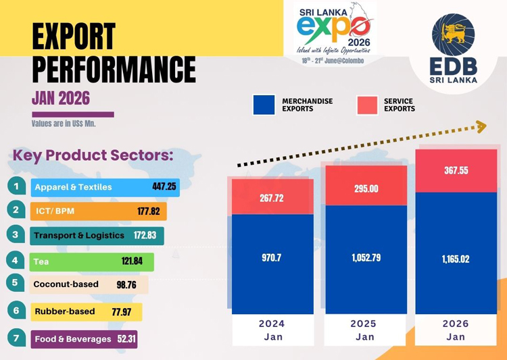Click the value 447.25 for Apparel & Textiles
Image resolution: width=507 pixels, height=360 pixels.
coord(164,187)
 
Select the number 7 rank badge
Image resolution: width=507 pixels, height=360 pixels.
coord(16,338)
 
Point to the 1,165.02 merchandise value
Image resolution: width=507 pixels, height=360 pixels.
coord(456,259)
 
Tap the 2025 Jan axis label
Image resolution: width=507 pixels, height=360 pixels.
coord(364,330)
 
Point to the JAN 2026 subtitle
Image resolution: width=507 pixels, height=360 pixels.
coord(61,98)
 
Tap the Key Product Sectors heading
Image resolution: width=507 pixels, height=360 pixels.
coord(93,155)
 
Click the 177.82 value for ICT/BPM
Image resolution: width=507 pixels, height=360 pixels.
coord(149,211)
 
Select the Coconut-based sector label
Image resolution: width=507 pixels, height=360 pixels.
coord(66,284)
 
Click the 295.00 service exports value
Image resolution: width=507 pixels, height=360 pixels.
coord(365,189)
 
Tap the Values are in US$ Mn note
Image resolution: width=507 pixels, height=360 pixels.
coord(64,124)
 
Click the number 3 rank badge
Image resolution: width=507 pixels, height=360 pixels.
coord(16,235)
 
